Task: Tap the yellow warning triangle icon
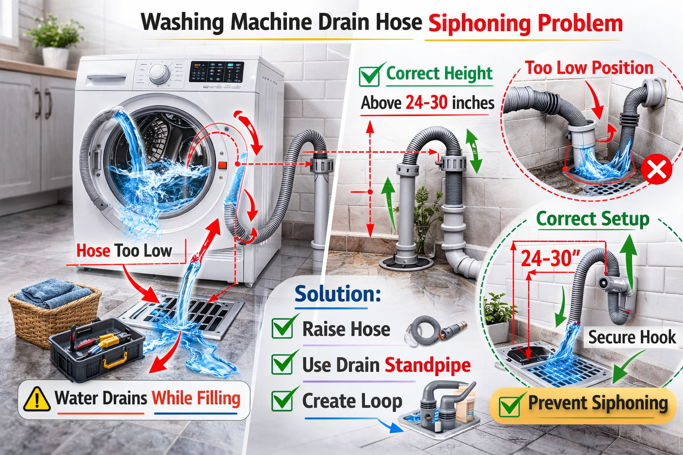coord(36,399)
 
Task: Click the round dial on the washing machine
coord(159,73)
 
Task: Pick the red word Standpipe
coord(427,365)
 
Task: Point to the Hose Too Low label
coord(124,251)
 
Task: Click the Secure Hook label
coord(632,337)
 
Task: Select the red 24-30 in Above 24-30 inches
coord(426,103)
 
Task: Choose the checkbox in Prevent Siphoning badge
coord(509,405)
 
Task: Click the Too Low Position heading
coord(589,68)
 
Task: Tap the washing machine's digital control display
coord(217,72)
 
